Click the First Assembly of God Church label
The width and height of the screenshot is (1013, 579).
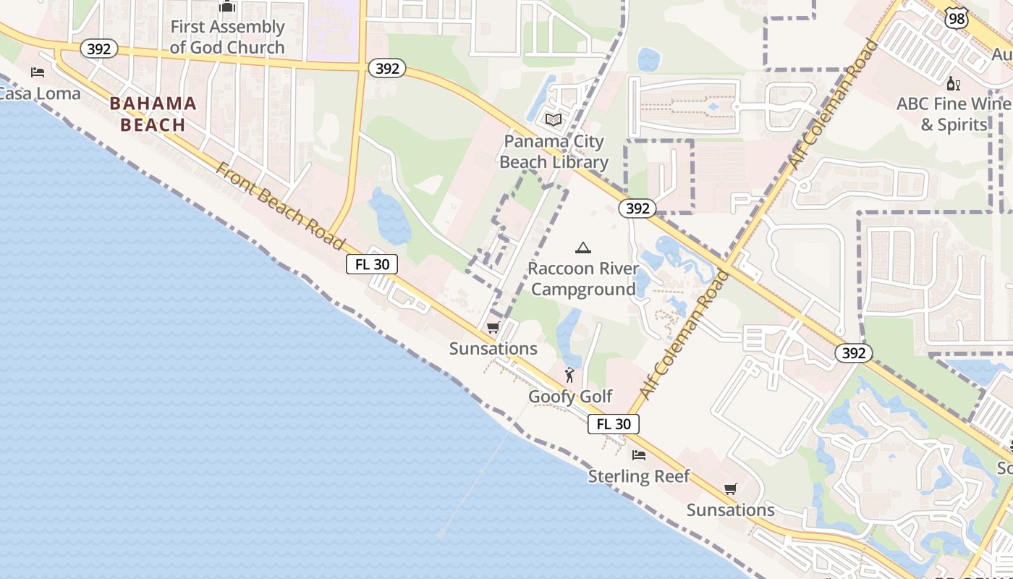(227, 37)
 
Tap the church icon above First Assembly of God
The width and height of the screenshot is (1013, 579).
(227, 7)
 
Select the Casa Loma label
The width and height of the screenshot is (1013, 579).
(38, 93)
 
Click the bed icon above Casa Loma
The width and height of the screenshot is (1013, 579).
(38, 72)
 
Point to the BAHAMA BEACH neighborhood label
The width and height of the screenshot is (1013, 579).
(153, 114)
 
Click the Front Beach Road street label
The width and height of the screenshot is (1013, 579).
(281, 207)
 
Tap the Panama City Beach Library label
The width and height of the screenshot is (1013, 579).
(554, 151)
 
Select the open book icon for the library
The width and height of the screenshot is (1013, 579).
(554, 119)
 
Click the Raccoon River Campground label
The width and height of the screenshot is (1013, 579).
(582, 279)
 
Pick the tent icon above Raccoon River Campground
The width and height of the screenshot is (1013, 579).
(582, 248)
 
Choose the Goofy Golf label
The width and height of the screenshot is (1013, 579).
(570, 396)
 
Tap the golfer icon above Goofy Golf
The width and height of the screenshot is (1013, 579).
(569, 375)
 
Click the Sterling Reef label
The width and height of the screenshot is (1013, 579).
(639, 476)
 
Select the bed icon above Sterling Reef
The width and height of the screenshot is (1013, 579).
(639, 455)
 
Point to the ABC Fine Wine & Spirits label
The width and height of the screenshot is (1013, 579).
(954, 114)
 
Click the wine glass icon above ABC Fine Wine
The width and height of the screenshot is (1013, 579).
(953, 83)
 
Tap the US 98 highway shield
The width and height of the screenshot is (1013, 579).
(957, 19)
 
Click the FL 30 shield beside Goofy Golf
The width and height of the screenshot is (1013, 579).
(614, 424)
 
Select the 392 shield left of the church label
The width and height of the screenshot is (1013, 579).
(98, 48)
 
